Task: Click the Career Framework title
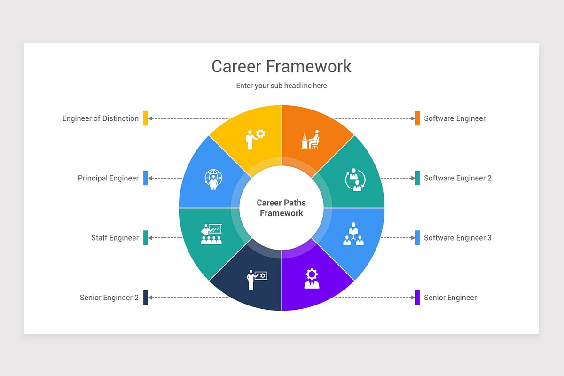pos(281,66)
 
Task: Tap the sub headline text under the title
pos(281,86)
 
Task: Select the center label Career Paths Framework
pos(281,208)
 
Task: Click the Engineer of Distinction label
pos(101,118)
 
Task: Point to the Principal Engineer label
pos(108,178)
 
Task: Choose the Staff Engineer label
pos(115,238)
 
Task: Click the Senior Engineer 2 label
pos(109,298)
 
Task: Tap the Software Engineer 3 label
pos(458,238)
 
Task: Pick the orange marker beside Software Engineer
pos(417,118)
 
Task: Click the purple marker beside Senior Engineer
pos(417,298)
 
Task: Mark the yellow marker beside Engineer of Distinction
pos(146,118)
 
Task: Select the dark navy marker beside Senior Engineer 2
pos(146,298)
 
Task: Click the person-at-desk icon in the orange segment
pos(310,139)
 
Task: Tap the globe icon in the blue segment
pos(213,180)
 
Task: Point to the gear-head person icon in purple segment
pos(312,278)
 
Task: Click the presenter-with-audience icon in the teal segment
pos(211,234)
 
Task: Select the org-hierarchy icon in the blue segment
pos(353,234)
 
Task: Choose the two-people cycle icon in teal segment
pos(355,180)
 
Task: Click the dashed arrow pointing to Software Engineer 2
pos(398,178)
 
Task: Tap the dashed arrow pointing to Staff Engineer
pos(165,238)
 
